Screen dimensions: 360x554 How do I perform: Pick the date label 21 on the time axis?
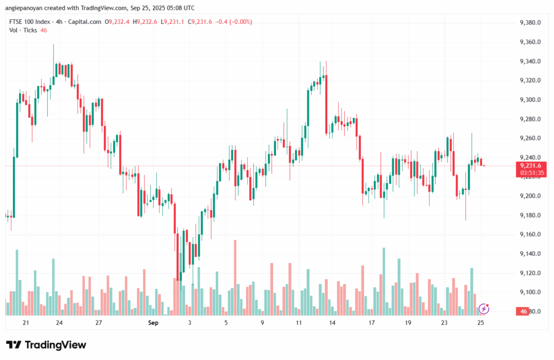click(x=25, y=323)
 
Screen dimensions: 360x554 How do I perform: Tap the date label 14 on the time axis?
click(x=332, y=323)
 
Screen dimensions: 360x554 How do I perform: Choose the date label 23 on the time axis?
click(x=444, y=323)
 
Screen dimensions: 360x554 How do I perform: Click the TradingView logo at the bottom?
click(x=46, y=345)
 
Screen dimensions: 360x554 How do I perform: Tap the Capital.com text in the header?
click(x=87, y=22)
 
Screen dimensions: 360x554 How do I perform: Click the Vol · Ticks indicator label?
click(x=23, y=30)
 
